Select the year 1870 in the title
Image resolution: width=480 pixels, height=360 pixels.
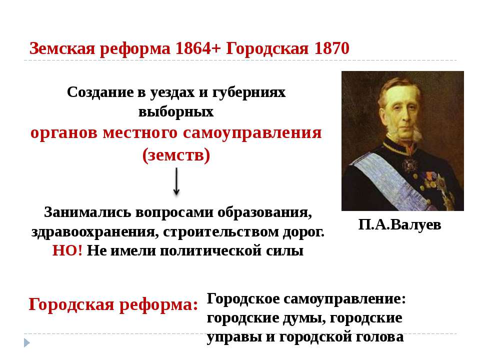click(332, 48)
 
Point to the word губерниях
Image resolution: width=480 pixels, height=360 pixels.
click(248, 92)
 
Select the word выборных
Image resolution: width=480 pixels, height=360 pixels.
click(176, 111)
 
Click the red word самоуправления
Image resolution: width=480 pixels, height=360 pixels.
click(252, 133)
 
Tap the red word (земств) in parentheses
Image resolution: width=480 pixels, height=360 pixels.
click(176, 155)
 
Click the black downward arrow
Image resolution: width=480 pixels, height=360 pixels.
click(176, 181)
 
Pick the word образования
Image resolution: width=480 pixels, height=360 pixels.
click(264, 212)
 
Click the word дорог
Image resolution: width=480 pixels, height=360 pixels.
click(303, 231)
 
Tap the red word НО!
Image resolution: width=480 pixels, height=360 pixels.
click(67, 250)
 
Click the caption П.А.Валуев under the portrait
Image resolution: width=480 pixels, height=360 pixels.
click(400, 224)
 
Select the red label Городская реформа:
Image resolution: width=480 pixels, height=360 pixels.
click(113, 304)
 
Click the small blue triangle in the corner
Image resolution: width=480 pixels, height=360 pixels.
click(26, 342)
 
